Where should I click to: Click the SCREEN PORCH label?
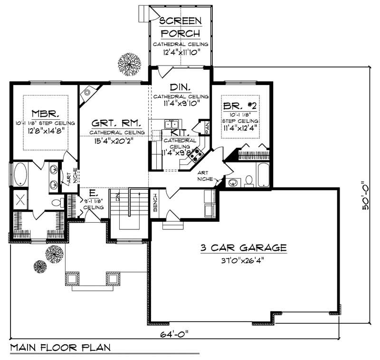point(180,27)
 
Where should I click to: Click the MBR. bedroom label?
point(45,114)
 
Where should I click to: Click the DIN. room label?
point(180,87)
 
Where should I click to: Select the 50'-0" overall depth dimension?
point(365,197)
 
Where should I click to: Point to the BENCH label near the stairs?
point(155,203)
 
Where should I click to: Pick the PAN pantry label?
point(207,127)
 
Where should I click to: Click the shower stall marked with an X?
point(20,199)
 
